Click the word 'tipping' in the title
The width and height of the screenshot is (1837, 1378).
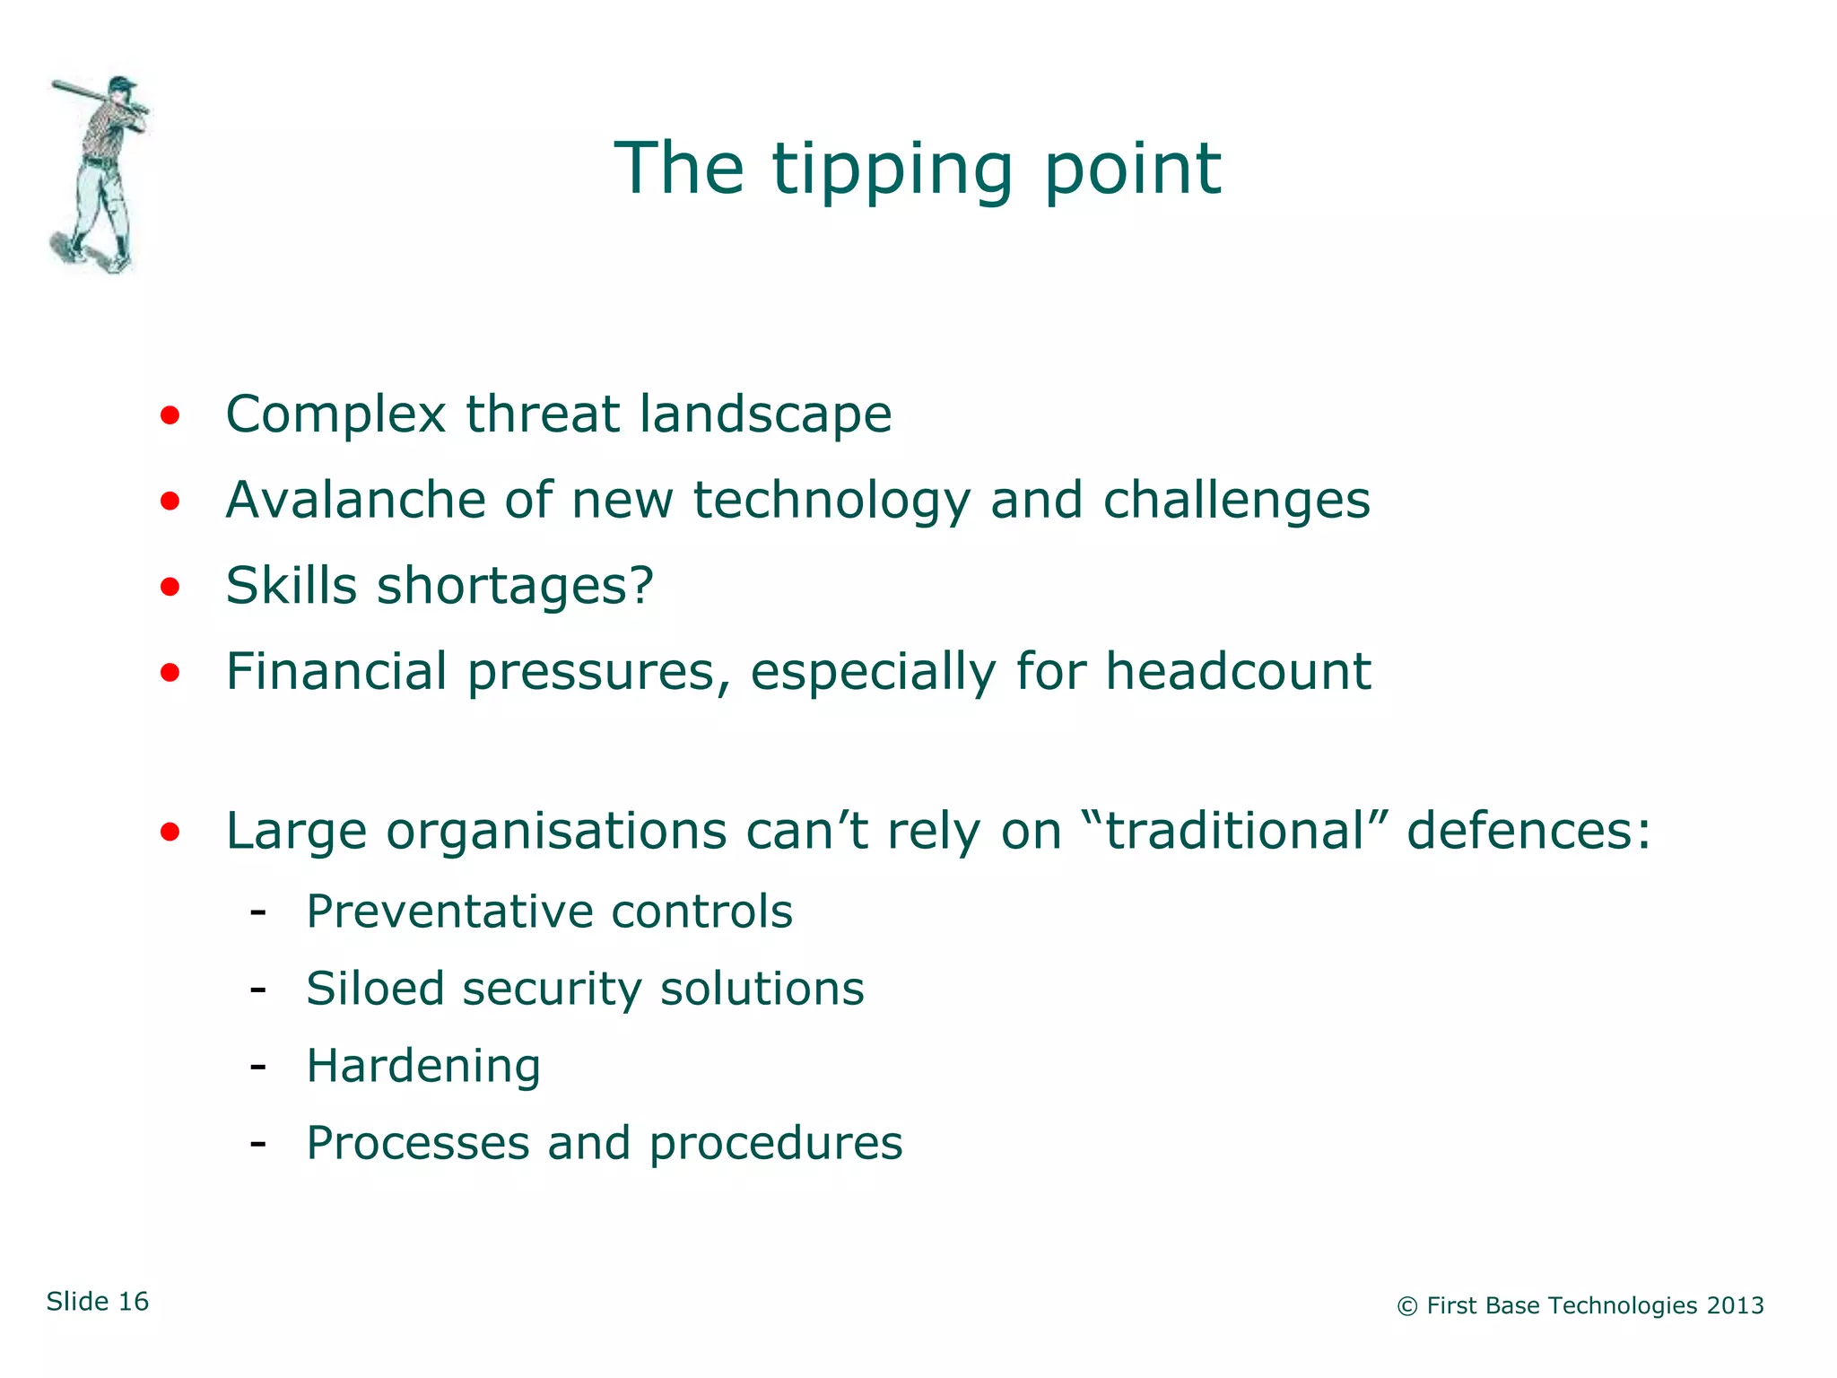click(x=892, y=170)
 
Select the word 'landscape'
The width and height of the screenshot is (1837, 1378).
click(x=764, y=414)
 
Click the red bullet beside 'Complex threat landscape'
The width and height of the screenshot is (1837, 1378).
click(x=170, y=415)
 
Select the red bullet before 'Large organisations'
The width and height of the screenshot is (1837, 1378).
click(x=170, y=832)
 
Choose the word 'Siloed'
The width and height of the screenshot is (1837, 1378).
click(x=375, y=989)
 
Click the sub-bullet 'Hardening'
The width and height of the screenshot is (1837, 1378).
click(x=423, y=1067)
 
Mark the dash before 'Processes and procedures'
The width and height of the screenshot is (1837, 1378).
click(x=258, y=1143)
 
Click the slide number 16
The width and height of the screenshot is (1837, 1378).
click(x=134, y=1302)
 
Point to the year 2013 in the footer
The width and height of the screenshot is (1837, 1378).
click(x=1735, y=1305)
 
